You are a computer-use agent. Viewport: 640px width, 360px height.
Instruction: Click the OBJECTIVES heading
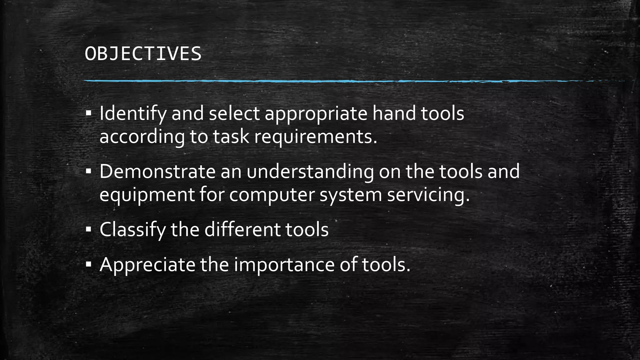pyautogui.click(x=143, y=54)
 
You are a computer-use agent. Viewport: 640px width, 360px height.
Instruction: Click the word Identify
pyautogui.click(x=133, y=114)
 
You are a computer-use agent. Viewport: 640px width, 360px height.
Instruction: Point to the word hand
pyautogui.click(x=394, y=113)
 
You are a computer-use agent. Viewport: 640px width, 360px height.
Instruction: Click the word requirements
pyautogui.click(x=316, y=137)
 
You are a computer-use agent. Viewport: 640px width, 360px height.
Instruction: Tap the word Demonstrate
pyautogui.click(x=157, y=171)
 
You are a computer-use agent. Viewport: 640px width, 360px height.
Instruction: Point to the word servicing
pyautogui.click(x=428, y=195)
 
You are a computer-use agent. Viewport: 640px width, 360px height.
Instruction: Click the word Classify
pyautogui.click(x=132, y=230)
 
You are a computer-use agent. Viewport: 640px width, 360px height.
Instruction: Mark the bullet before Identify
pyautogui.click(x=88, y=113)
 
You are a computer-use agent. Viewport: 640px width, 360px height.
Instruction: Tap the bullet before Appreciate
pyautogui.click(x=88, y=264)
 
